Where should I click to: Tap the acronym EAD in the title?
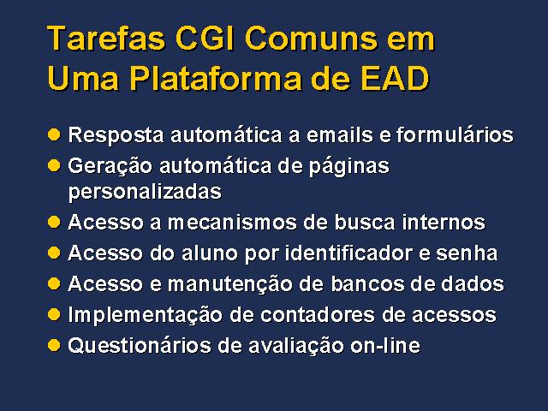pos(395,78)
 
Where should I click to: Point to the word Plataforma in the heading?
pos(216,78)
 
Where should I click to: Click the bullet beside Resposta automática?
pos(54,134)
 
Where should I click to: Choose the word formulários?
pos(455,134)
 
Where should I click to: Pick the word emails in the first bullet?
pos(339,134)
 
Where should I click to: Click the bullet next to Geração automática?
pos(54,165)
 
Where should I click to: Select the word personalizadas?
pos(145,192)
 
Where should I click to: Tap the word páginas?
pos(348,166)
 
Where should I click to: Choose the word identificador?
pos(348,253)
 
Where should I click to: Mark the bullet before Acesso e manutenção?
pos(54,283)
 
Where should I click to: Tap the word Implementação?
pos(145,315)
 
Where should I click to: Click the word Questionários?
pos(140,346)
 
